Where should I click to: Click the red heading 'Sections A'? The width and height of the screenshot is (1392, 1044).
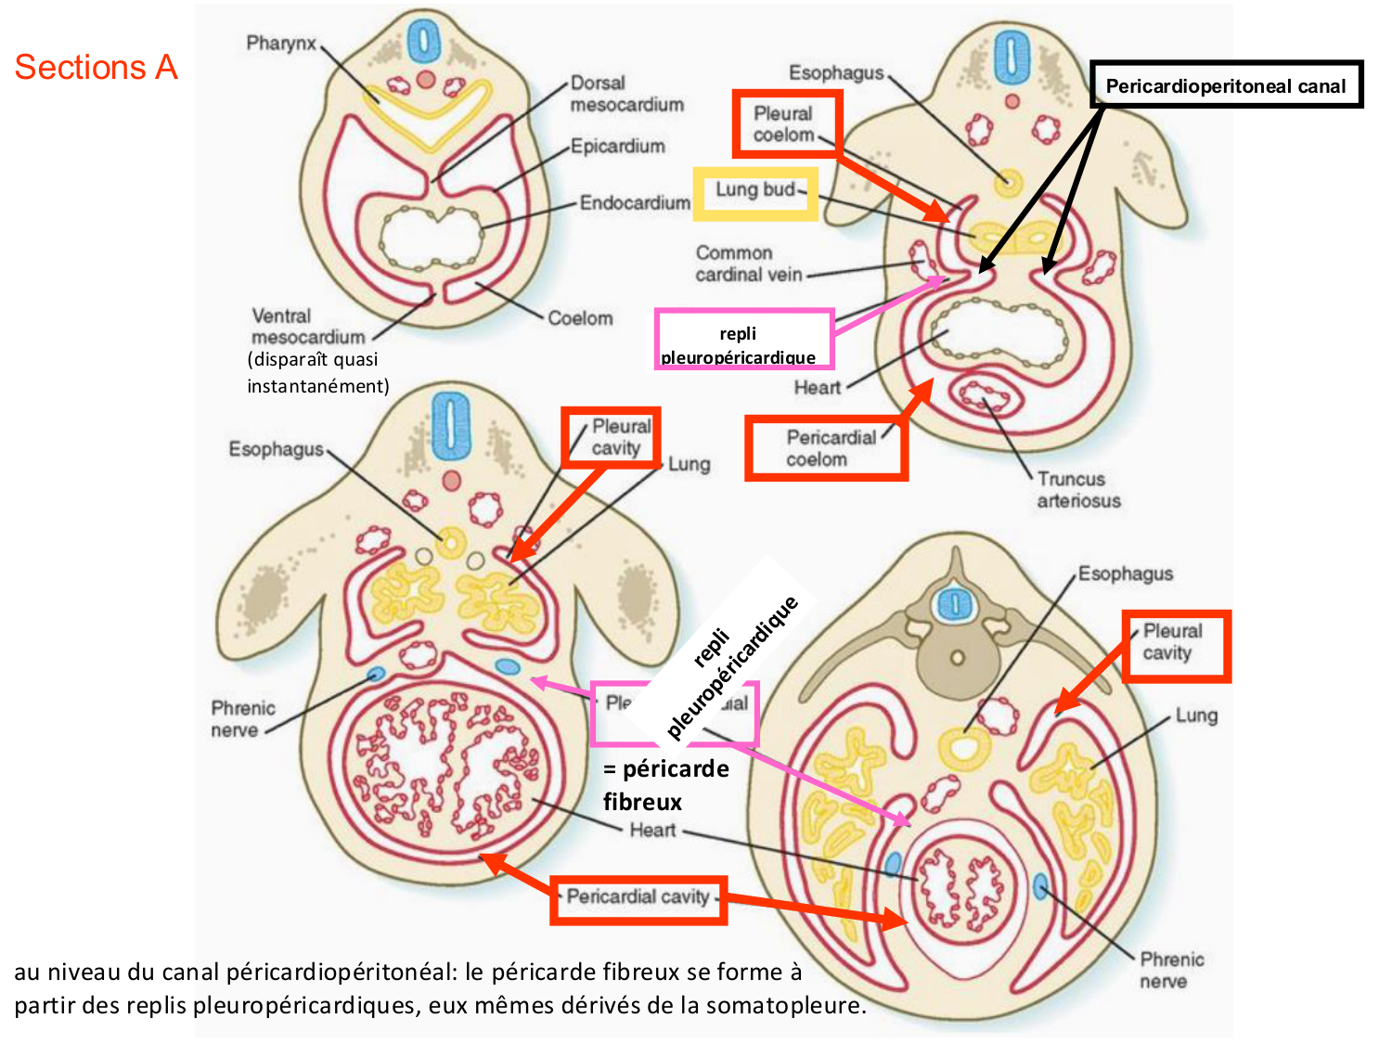pos(96,68)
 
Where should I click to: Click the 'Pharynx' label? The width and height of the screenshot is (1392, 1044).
pos(281,44)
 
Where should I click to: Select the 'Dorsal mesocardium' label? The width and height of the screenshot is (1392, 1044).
pos(626,94)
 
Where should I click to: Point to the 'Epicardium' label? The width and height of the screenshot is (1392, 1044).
pos(617,146)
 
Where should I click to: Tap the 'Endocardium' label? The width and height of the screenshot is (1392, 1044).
pos(635,202)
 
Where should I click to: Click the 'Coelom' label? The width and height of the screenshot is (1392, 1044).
pos(580,318)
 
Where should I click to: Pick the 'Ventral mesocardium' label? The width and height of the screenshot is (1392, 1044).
pos(308,327)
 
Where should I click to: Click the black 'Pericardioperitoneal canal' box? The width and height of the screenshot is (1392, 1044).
pos(1225,85)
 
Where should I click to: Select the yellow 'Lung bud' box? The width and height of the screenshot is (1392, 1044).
pos(755,193)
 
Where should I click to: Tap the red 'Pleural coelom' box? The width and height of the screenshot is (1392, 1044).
pos(785,123)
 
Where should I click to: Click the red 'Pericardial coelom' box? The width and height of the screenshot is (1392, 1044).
pos(826,448)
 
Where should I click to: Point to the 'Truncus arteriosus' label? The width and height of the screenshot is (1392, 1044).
pos(1078,490)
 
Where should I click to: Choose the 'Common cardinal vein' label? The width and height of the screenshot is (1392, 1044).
pos(748,264)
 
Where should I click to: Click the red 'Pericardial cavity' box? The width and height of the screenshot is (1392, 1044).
pos(638,898)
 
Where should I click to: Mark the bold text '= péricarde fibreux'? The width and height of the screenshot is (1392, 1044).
pos(665,785)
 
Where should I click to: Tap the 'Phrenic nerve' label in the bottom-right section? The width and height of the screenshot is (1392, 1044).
pos(1171,970)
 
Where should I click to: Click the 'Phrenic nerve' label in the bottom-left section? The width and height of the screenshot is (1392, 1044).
pos(243,719)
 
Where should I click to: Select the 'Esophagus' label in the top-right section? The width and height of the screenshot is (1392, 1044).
pos(835,72)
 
